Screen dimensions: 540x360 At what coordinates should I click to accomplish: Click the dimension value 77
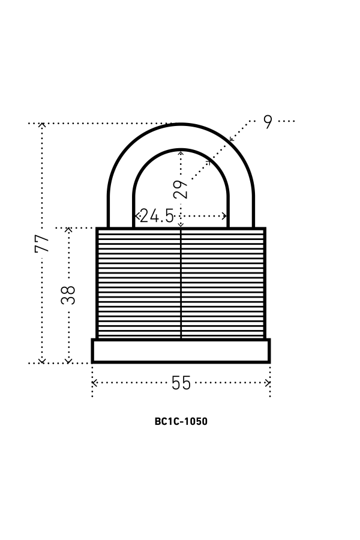pos(42,243)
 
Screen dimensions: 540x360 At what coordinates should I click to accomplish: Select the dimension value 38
pos(69,295)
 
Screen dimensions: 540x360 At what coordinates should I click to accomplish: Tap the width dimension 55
pos(181,383)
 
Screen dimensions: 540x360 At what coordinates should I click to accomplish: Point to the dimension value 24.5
pos(157,216)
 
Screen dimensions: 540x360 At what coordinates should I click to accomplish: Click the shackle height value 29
pos(181,189)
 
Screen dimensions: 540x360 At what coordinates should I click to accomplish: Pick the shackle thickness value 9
pos(268,122)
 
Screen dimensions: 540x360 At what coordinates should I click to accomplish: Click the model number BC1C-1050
pos(181,421)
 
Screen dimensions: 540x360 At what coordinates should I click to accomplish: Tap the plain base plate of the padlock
pos(181,351)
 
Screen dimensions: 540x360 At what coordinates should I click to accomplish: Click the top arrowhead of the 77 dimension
pos(42,125)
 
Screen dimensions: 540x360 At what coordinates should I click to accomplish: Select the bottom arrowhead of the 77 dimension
pos(42,361)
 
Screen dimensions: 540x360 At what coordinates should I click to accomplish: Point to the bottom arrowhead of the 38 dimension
pos(68,361)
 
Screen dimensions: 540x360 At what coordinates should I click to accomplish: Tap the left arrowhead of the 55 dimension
pos(94,383)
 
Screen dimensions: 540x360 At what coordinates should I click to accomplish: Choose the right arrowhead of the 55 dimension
pos(268,383)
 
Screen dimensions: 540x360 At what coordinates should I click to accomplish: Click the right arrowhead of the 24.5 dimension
pos(226,216)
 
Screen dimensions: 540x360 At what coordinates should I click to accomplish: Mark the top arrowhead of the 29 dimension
pos(181,153)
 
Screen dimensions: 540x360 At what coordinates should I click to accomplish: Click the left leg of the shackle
pos(121,210)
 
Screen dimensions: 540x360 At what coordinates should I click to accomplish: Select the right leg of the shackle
pos(241,210)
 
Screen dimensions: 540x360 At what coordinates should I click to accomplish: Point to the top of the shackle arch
pos(181,137)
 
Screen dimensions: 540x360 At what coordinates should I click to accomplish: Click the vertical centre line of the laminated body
pos(181,282)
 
